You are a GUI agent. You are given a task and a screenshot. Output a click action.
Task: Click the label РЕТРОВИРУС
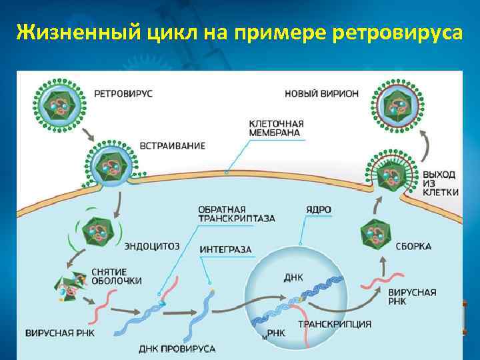(x=123, y=93)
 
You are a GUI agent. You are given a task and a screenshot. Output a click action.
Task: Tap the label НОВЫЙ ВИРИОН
(x=321, y=93)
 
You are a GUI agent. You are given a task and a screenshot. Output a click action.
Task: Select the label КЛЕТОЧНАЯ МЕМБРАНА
(x=275, y=128)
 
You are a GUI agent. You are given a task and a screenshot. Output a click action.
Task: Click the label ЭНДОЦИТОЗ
(x=152, y=246)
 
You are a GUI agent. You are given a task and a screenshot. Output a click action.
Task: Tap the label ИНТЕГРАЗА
(x=225, y=249)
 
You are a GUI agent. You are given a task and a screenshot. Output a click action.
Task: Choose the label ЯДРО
(x=317, y=209)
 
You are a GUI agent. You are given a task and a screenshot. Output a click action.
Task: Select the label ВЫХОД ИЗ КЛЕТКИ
(x=439, y=183)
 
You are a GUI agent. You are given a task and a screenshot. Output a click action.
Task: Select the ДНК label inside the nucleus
(x=293, y=277)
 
